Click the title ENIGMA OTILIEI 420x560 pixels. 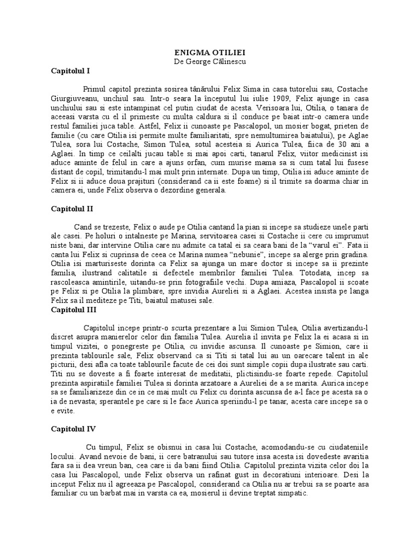click(x=210, y=52)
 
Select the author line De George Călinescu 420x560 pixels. click(x=210, y=61)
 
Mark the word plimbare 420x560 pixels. click(x=137, y=291)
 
